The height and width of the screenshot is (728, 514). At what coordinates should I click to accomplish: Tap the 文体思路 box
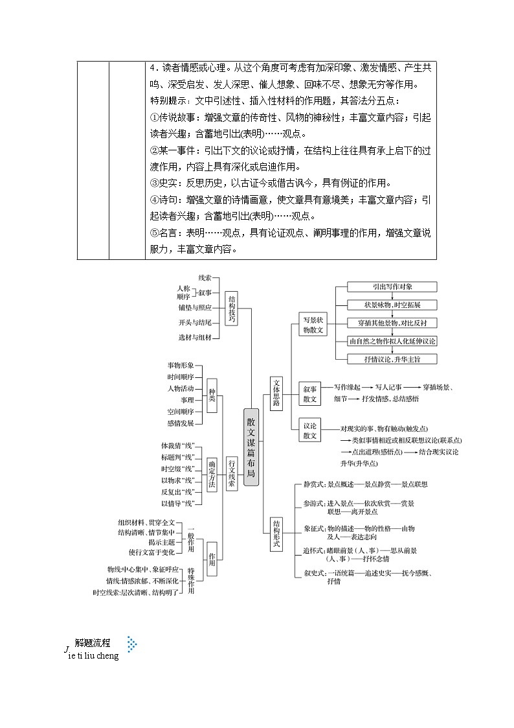point(277,393)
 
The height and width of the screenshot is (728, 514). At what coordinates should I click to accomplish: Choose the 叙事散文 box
point(310,393)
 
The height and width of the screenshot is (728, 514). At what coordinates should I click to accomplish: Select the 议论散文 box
point(310,430)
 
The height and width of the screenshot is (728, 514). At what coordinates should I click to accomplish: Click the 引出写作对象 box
point(393,287)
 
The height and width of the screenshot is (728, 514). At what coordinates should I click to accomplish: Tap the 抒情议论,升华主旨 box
point(393,358)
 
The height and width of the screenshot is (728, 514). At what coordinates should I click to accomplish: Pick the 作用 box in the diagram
point(212,555)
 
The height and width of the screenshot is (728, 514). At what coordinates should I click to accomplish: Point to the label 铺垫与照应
point(196,307)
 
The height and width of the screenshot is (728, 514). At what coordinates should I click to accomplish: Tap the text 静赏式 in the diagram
point(314,484)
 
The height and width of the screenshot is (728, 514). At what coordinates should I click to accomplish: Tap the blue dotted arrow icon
point(132,644)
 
